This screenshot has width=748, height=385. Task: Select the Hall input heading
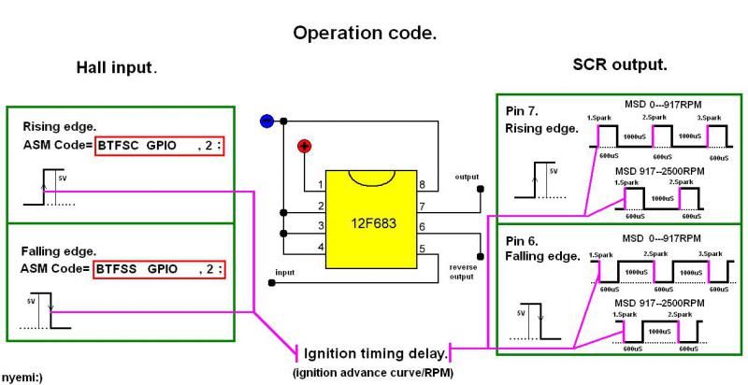[x=117, y=67]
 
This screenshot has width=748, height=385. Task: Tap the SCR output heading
[x=619, y=64]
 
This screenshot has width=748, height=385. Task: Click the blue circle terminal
[x=266, y=121]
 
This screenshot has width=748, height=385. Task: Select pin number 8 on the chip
[x=422, y=184]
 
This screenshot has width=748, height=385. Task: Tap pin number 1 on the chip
[x=320, y=184]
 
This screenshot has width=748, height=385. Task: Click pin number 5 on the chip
[x=422, y=248]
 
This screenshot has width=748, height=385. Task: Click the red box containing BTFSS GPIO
[x=162, y=268]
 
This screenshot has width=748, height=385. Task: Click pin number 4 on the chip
[x=320, y=247]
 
